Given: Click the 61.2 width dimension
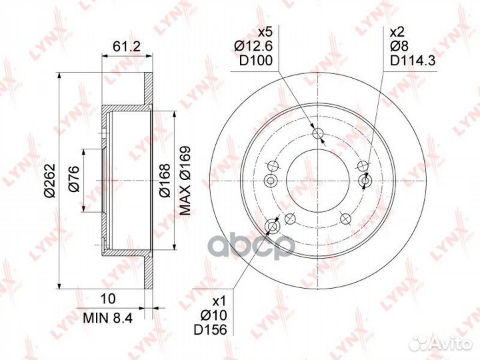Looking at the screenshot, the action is coord(126,47).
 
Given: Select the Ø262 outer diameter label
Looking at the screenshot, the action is coord(49,181).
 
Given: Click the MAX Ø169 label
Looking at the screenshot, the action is coord(185,180).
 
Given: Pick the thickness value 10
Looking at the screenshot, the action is coord(109,299).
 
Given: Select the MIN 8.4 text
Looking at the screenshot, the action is coord(108,318).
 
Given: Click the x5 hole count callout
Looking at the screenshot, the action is coord(265,31).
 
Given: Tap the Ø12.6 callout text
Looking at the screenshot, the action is coord(253,46).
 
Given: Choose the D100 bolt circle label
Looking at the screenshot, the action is coord(255,61).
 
